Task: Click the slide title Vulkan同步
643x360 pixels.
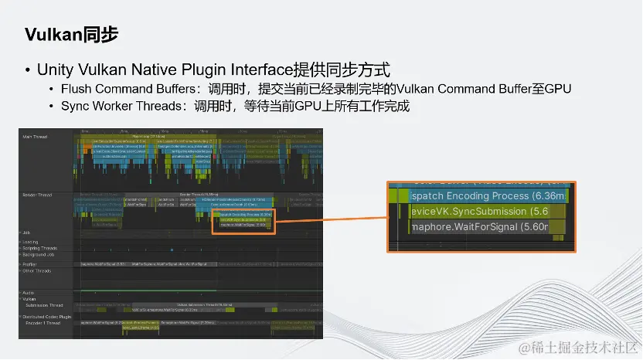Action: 71,35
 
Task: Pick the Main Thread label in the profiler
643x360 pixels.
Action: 35,137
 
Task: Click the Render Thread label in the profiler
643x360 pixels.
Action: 37,195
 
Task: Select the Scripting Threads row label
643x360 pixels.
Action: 40,248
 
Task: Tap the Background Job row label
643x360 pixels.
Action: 38,254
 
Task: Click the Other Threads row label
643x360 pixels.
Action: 37,270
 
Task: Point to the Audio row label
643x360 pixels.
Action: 29,293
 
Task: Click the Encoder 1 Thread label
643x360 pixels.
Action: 43,322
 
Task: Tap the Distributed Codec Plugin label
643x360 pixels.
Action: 46,317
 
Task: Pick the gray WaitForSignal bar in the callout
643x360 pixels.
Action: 479,226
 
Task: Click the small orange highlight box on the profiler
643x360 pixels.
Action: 243,221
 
